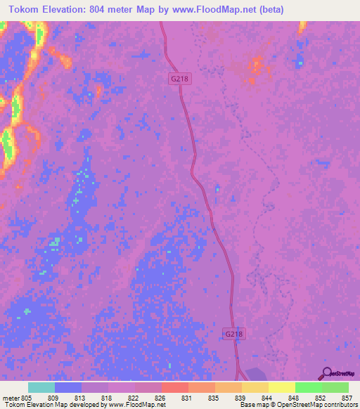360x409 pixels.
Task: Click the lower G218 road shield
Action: coord(235,335)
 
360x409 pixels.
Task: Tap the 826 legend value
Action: coord(161,398)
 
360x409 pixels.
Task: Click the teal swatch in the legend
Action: coord(41,387)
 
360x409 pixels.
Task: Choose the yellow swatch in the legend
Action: coord(281,387)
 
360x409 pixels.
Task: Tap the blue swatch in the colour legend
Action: coord(68,387)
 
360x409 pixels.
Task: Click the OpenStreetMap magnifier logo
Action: coord(326,373)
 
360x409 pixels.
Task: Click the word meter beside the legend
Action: coord(11,398)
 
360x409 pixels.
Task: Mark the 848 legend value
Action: coord(295,398)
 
